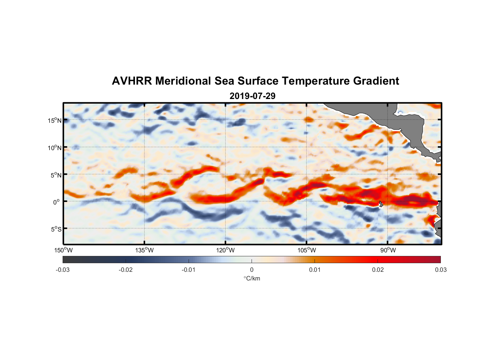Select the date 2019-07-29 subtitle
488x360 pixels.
(x=252, y=96)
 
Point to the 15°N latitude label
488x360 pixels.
(x=55, y=120)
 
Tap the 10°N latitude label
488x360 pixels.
(x=55, y=148)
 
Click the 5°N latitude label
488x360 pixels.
(x=56, y=175)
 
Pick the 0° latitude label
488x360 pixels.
(x=57, y=202)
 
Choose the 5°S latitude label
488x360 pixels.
(x=56, y=229)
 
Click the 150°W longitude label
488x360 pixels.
(x=64, y=250)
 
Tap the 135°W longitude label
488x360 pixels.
(x=145, y=250)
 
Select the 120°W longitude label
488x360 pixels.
(x=226, y=250)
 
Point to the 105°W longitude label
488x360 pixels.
(x=307, y=250)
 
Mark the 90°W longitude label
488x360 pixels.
(x=388, y=250)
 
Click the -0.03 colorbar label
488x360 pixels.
(x=63, y=270)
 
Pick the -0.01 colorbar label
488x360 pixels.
(x=189, y=270)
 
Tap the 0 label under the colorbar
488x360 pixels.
(x=252, y=270)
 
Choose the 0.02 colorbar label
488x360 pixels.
(x=378, y=270)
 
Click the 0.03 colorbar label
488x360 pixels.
(x=440, y=270)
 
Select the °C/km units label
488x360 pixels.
(x=252, y=278)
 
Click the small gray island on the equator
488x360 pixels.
(x=381, y=204)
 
